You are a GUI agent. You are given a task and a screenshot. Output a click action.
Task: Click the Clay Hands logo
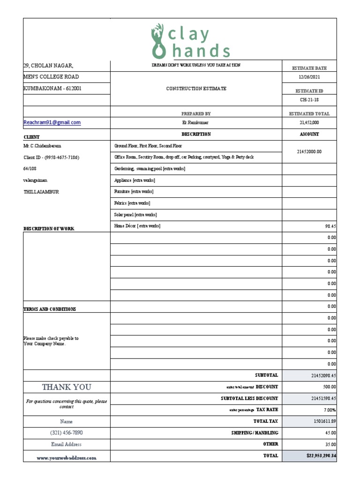(x=190, y=42)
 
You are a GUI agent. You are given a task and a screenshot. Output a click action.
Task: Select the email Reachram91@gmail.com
(x=52, y=122)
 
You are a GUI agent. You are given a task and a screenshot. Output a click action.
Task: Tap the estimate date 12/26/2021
(x=309, y=77)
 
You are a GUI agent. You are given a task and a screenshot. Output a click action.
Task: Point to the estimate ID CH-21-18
(x=309, y=100)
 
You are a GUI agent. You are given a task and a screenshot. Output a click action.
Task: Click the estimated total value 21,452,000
(x=309, y=122)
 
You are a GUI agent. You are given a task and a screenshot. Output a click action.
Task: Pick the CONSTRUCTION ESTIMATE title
(x=196, y=89)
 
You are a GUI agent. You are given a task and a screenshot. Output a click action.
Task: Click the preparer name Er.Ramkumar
(x=195, y=122)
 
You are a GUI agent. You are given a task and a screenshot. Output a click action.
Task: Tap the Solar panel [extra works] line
(x=135, y=215)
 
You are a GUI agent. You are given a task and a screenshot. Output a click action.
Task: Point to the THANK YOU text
(x=67, y=387)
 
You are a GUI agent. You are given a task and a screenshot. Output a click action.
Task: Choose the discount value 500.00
(x=330, y=387)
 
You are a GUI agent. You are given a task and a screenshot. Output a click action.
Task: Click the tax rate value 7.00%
(x=330, y=410)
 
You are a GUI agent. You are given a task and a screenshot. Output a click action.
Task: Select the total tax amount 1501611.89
(x=323, y=421)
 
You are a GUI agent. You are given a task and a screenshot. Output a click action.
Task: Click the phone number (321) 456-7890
(x=67, y=433)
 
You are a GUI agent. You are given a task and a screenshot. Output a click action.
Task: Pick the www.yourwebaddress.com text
(x=67, y=457)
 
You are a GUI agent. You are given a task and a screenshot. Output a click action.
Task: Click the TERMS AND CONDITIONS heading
(x=50, y=309)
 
